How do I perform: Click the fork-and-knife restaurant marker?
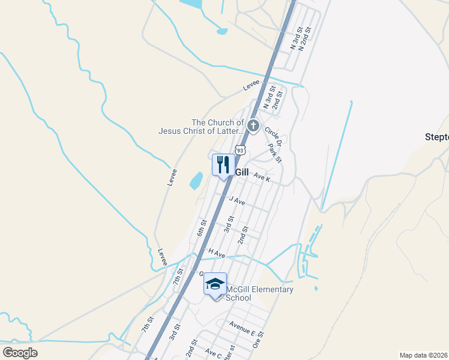pyautogui.click(x=223, y=165)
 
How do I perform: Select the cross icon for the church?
pyautogui.click(x=253, y=126)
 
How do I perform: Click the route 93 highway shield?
pyautogui.click(x=241, y=149)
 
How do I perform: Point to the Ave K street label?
pyautogui.click(x=262, y=178)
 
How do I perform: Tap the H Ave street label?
pyautogui.click(x=217, y=254)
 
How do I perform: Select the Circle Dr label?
pyautogui.click(x=272, y=136)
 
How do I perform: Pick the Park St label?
pyautogui.click(x=276, y=152)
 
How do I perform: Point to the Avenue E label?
pyautogui.click(x=242, y=328)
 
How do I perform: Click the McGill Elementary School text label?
pyautogui.click(x=259, y=293)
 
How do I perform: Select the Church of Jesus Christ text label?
pyautogui.click(x=202, y=127)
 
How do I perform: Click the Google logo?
pyautogui.click(x=20, y=352)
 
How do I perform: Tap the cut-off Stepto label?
pyautogui.click(x=436, y=136)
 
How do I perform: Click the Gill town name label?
pyautogui.click(x=241, y=172)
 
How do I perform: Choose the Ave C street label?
pyautogui.click(x=214, y=353)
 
